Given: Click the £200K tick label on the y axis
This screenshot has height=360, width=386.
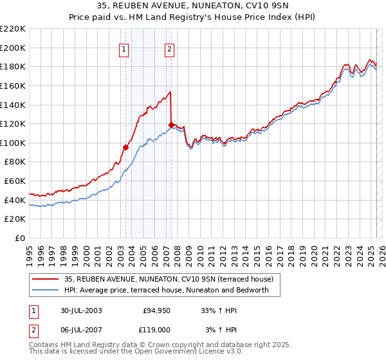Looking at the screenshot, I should [14, 48].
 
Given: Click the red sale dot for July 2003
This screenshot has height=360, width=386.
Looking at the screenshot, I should [126, 147].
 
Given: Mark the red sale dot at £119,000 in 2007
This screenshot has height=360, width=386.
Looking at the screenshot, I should [171, 125].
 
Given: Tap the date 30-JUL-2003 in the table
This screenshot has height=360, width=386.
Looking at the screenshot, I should [82, 310].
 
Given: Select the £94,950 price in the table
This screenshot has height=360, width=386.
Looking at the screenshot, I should [155, 310].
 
